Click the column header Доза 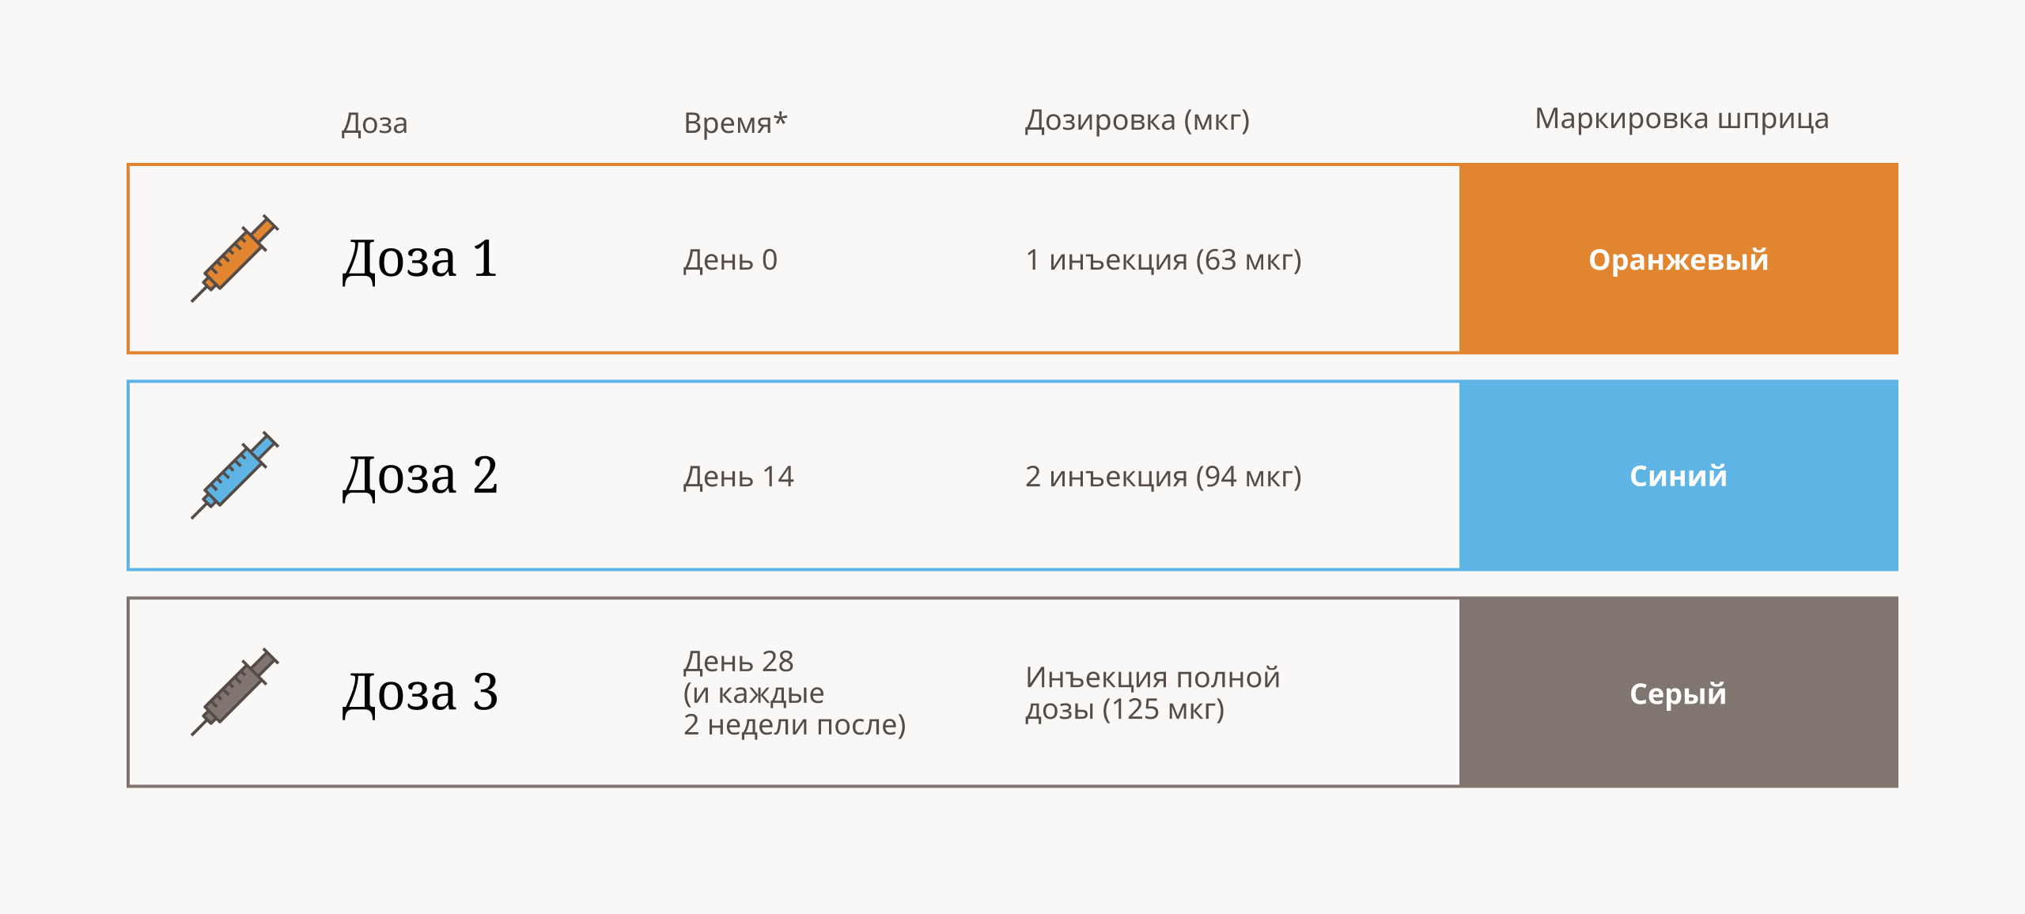click(375, 123)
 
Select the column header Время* click(736, 123)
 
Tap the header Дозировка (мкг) click(1137, 120)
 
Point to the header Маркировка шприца click(1682, 119)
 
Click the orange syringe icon click(235, 258)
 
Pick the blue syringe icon click(235, 474)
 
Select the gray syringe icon click(235, 692)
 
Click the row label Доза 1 click(420, 259)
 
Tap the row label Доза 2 click(420, 476)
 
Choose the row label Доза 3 click(420, 693)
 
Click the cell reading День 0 click(730, 259)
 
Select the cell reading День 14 click(738, 476)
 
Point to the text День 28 click(738, 661)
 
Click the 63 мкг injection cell click(1164, 260)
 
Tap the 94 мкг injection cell click(1164, 477)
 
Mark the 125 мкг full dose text click(1153, 693)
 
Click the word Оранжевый click(1679, 260)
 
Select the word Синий click(1679, 476)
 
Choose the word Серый click(1679, 693)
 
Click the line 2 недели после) click(795, 725)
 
